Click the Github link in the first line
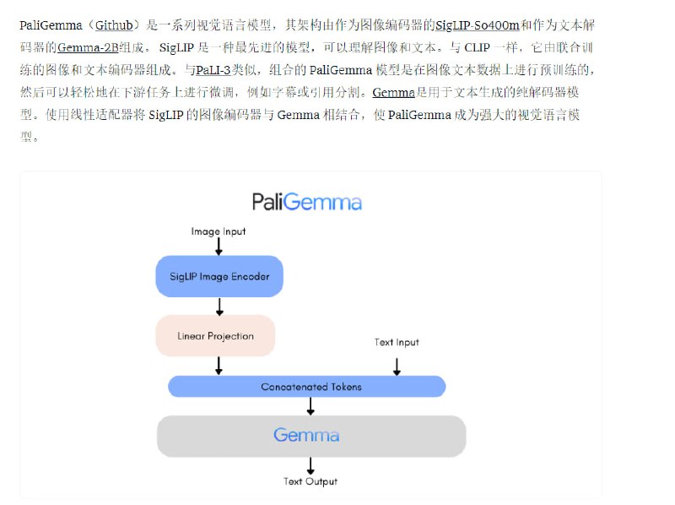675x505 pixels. [x=114, y=25]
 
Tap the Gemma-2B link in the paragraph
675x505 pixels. [x=88, y=47]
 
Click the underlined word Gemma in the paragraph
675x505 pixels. [x=394, y=92]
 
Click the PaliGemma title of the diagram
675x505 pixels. [x=307, y=203]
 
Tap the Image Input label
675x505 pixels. [x=219, y=231]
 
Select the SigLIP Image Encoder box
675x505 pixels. [x=219, y=276]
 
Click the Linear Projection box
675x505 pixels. [x=215, y=336]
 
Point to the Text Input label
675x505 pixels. [x=397, y=342]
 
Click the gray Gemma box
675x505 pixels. [x=310, y=436]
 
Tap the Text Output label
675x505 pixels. [x=310, y=481]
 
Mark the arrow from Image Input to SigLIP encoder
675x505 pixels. [x=219, y=246]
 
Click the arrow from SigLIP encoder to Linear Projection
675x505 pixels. [x=219, y=306]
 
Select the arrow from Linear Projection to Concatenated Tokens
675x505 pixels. [x=219, y=366]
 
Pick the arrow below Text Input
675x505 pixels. [x=397, y=366]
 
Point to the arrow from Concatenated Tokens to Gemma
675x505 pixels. [x=310, y=406]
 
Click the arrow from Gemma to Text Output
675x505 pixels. [x=310, y=465]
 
